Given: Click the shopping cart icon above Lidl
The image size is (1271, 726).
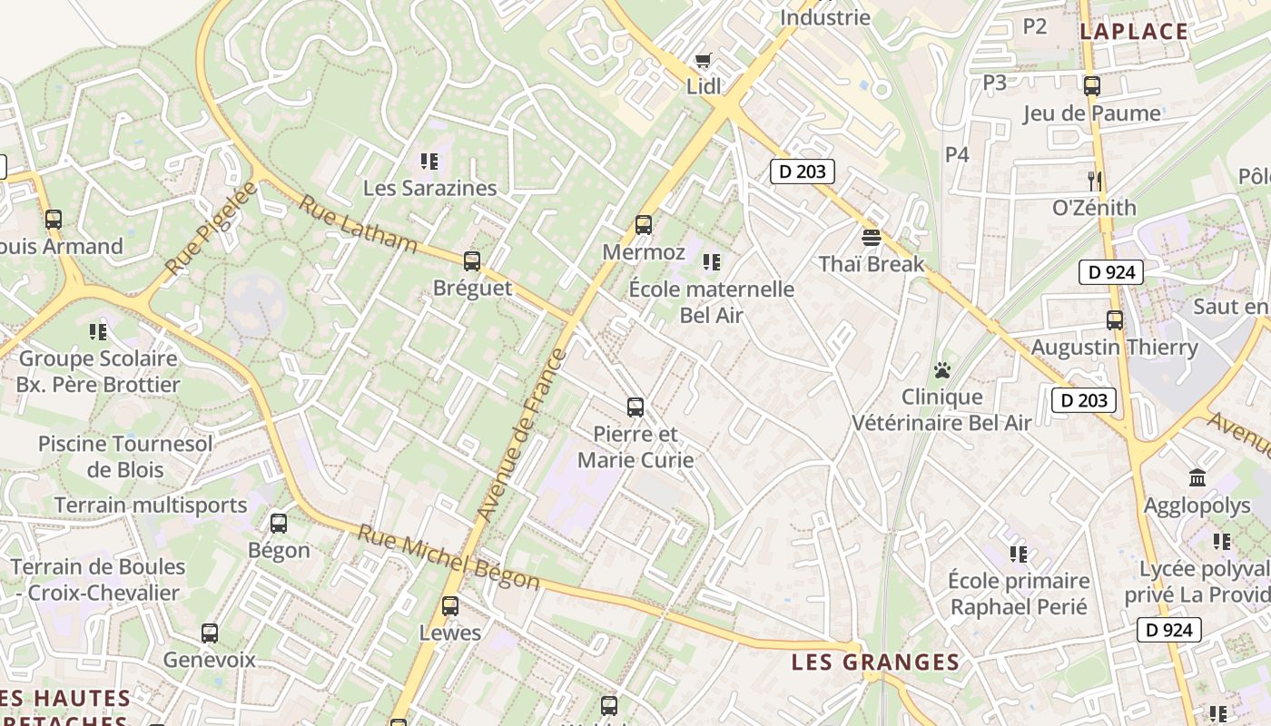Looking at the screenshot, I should [x=703, y=61].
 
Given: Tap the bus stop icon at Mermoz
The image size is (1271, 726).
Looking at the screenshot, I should [x=644, y=224].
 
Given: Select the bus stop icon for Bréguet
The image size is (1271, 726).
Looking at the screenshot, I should [x=471, y=261].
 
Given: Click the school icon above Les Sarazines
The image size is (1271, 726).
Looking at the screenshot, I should [x=429, y=162].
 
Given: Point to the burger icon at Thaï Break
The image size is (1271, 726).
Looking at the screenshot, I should [x=872, y=238].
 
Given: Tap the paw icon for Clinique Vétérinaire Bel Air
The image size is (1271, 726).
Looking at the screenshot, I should [x=942, y=370].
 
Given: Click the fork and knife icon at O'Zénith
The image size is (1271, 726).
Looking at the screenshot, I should [x=1095, y=181].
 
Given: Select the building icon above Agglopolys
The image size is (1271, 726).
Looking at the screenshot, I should [x=1197, y=477].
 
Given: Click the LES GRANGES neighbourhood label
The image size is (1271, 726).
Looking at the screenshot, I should [x=875, y=662].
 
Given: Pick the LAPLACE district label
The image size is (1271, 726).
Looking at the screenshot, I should [x=1134, y=32].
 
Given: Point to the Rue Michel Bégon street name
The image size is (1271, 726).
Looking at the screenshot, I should [x=448, y=558].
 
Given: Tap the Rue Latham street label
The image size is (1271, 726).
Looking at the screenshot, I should [x=358, y=225].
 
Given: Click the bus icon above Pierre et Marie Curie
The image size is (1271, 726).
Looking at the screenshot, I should [x=635, y=407].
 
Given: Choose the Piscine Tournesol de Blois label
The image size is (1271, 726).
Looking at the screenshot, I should [x=125, y=456].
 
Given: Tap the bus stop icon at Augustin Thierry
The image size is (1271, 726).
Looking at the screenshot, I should [x=1115, y=320].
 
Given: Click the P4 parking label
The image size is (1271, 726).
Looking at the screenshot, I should [x=957, y=154].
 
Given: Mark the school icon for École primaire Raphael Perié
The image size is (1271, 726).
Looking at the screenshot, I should [x=1019, y=554].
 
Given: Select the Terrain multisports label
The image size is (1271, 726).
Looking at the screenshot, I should [x=151, y=505].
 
